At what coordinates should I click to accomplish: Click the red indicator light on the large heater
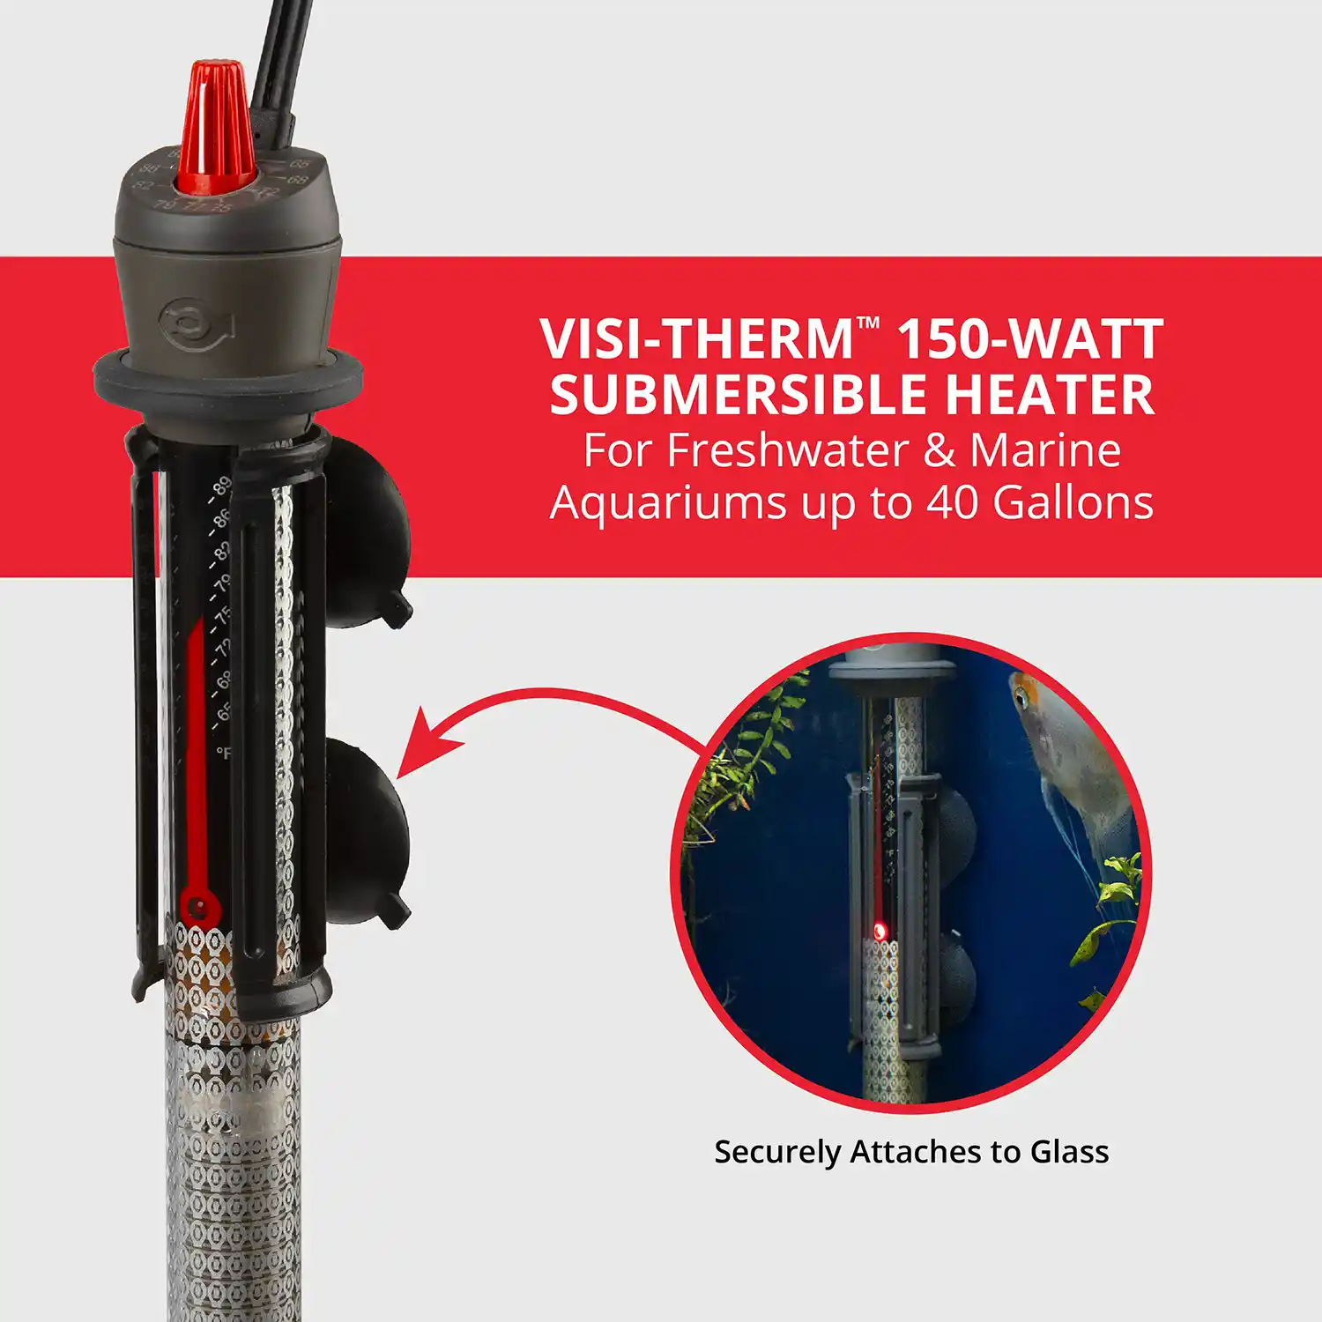tap(199, 906)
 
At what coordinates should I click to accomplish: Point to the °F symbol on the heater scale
tap(224, 753)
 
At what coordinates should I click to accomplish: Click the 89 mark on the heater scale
tap(222, 486)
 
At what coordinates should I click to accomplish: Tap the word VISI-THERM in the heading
tap(696, 339)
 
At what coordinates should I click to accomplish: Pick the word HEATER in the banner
tap(1050, 395)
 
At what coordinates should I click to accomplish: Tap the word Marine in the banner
tap(1045, 450)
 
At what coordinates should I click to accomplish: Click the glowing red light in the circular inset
tap(879, 931)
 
